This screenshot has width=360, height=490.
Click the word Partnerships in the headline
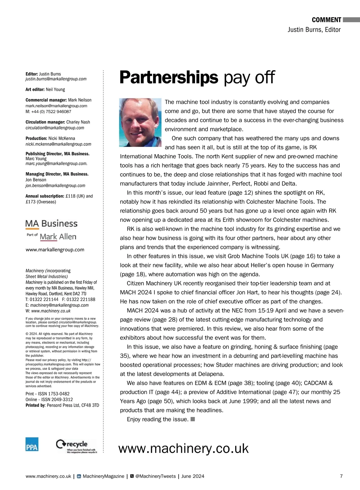coord(169,77)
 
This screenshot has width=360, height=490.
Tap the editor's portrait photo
coord(140,122)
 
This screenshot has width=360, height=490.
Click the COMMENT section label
coord(326,20)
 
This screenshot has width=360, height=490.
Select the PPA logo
coord(32,444)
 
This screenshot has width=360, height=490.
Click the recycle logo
coord(76,446)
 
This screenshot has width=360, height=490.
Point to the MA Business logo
coord(51,224)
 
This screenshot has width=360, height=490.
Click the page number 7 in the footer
coord(341,476)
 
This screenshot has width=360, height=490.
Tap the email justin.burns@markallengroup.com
coord(56,79)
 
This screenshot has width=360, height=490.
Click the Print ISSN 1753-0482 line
coord(47,394)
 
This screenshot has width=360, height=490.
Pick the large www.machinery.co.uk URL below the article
coord(183,449)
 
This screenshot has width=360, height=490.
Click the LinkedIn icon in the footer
coord(79,476)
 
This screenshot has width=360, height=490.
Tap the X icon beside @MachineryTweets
coord(132,476)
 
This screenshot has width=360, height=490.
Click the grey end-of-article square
coord(193,419)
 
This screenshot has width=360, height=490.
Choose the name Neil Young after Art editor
coord(55,89)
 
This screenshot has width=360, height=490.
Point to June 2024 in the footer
coord(193,476)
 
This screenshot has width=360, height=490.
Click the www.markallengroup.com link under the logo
coord(55,249)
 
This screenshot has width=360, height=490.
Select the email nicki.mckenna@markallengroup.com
coord(58,144)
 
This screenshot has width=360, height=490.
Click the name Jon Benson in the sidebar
coord(36,180)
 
